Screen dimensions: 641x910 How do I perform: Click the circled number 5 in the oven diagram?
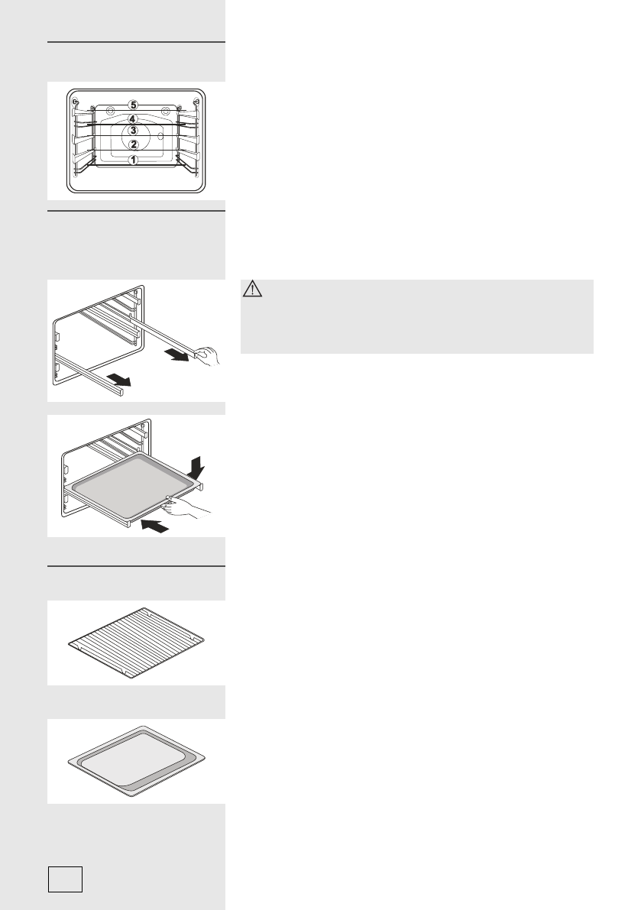pyautogui.click(x=133, y=105)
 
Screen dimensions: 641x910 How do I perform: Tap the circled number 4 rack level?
pyautogui.click(x=133, y=119)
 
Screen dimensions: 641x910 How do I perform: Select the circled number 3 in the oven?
pyautogui.click(x=133, y=131)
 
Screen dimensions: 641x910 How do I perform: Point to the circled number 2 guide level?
pyautogui.click(x=133, y=144)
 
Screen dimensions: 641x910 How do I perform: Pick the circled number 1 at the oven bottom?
pyautogui.click(x=133, y=160)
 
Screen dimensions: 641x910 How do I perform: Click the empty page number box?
pyautogui.click(x=65, y=879)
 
